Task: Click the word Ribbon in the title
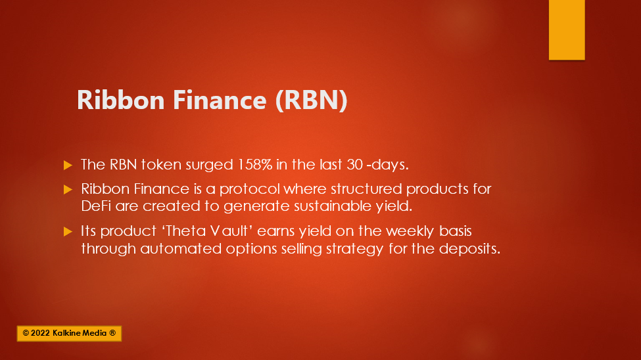click(x=120, y=100)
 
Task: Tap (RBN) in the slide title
click(x=312, y=101)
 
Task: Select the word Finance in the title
click(x=220, y=100)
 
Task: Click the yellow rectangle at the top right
click(x=567, y=30)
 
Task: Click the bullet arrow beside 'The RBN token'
click(x=68, y=165)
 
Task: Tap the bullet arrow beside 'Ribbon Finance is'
click(x=68, y=189)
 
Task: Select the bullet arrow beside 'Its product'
click(x=68, y=232)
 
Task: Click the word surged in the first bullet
click(x=209, y=165)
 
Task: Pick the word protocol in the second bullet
click(x=249, y=189)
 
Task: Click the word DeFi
click(x=96, y=206)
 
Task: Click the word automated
click(x=181, y=249)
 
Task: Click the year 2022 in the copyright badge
click(x=40, y=333)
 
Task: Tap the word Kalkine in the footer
click(x=67, y=333)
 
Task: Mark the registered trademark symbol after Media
click(x=112, y=333)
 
